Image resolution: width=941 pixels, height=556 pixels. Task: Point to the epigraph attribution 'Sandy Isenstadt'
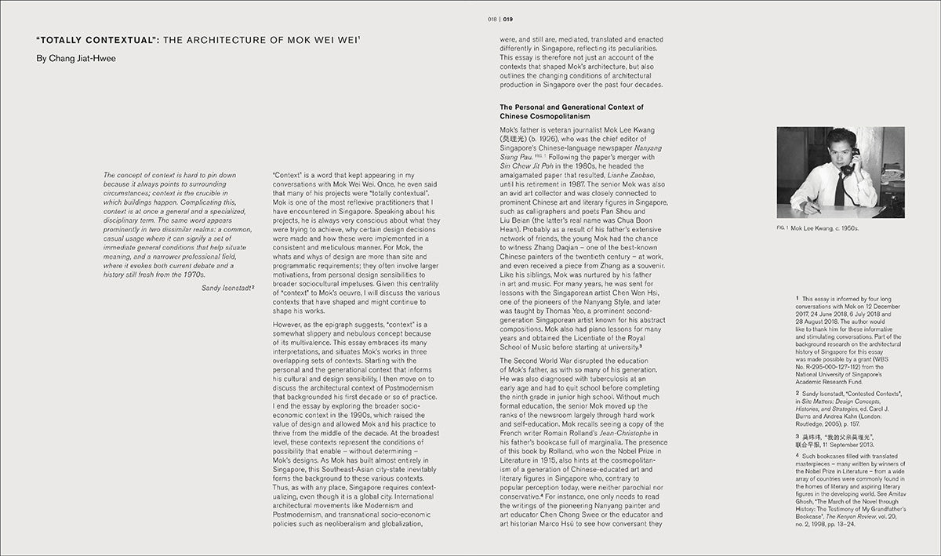click(x=226, y=289)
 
